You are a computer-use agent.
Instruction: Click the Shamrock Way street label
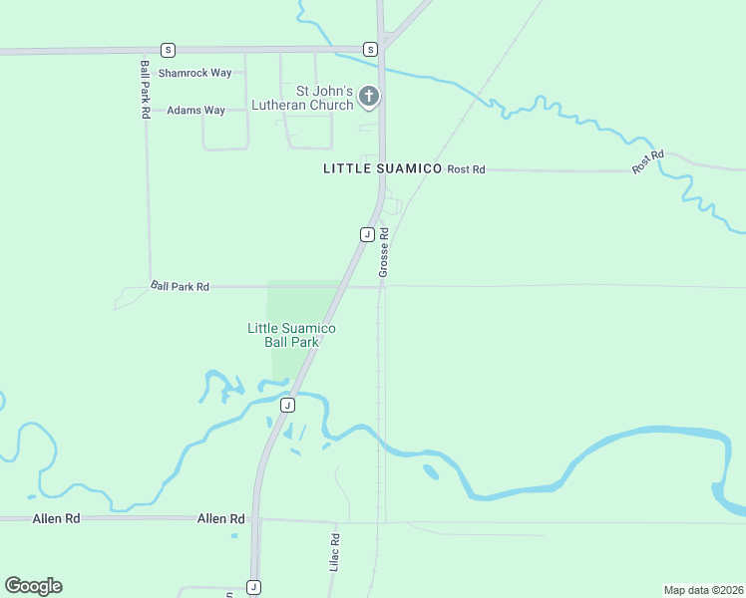click(200, 73)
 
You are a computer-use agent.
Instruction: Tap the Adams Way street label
click(195, 111)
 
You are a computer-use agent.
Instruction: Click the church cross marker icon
click(369, 97)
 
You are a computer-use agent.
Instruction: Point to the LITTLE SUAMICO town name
click(382, 169)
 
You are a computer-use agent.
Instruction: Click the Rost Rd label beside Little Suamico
click(466, 169)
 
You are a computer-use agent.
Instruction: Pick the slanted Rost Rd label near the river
click(648, 162)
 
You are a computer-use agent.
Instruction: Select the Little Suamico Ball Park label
click(291, 335)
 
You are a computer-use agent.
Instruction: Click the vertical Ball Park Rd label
click(146, 90)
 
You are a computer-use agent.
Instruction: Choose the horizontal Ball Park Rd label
click(181, 286)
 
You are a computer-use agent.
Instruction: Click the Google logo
click(33, 586)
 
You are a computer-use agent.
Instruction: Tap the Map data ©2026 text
click(703, 589)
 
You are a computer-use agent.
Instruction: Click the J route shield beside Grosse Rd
click(366, 234)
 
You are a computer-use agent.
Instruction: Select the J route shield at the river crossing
click(287, 405)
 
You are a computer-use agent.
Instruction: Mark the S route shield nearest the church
click(370, 49)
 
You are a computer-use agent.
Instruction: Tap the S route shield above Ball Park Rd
click(168, 49)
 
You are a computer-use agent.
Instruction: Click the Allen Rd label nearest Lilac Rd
click(221, 519)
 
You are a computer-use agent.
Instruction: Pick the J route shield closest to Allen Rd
click(254, 587)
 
